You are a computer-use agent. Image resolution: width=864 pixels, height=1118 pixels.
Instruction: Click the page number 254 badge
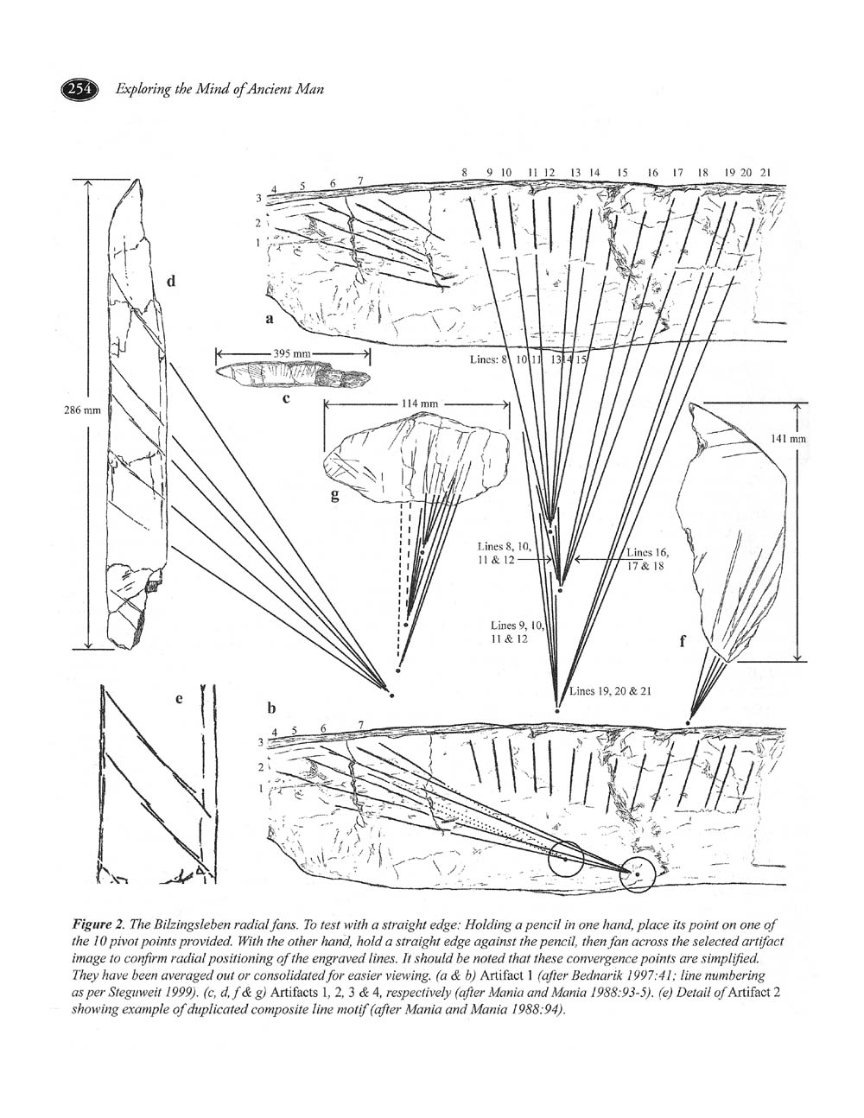79,89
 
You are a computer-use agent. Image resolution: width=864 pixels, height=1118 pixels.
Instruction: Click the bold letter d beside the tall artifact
171,281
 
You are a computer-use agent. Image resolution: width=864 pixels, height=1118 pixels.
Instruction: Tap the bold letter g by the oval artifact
334,495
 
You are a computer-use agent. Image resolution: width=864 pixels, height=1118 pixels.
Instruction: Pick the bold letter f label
683,640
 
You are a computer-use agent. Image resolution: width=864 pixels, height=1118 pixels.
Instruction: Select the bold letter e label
179,699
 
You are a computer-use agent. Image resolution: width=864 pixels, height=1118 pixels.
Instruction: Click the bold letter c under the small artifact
286,397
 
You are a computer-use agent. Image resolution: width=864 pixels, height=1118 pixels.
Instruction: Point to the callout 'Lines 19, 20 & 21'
611,691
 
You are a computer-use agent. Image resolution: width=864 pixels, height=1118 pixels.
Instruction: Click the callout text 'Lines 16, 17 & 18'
647,559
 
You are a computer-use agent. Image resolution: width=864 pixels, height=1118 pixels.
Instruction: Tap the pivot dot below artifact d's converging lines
392,696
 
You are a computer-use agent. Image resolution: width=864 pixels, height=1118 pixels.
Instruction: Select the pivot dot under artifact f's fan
688,723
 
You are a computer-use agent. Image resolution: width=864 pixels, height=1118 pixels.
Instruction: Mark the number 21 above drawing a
766,173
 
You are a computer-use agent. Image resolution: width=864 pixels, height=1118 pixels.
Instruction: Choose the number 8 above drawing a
465,173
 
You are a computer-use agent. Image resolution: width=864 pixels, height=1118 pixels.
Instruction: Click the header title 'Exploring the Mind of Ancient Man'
220,89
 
